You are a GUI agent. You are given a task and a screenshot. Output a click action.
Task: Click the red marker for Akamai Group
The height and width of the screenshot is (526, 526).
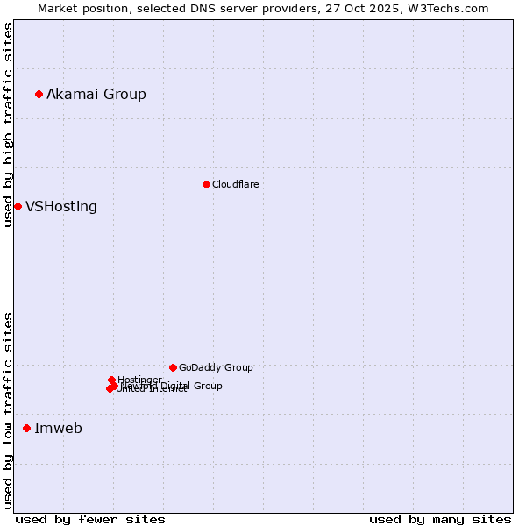39,94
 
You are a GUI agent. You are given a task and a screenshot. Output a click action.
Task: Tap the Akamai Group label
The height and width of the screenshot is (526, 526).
96,94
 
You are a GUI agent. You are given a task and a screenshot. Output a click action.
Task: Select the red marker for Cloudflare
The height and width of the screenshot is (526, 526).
206,184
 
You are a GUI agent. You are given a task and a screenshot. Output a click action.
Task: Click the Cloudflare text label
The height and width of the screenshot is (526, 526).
235,184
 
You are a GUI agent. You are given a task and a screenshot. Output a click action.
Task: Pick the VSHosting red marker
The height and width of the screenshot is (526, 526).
18,206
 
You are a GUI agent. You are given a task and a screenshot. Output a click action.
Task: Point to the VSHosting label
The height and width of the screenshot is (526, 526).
61,207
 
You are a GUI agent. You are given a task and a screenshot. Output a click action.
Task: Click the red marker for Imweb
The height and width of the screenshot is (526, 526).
27,428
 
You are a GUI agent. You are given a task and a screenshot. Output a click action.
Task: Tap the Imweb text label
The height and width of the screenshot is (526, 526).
58,428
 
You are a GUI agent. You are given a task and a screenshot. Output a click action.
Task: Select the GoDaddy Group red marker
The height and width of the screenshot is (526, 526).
173,367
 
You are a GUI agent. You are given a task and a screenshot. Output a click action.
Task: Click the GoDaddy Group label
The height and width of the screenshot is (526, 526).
216,367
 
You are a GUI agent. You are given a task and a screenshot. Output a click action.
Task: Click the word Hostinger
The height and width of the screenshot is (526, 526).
139,380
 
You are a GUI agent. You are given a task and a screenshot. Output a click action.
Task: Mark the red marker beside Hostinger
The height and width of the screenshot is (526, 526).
111,380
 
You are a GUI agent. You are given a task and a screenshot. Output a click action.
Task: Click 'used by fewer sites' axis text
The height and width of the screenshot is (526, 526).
90,519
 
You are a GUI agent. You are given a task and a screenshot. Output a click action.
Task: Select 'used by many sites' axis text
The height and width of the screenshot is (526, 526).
440,519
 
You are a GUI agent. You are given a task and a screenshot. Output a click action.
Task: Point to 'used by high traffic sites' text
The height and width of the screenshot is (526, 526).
9,124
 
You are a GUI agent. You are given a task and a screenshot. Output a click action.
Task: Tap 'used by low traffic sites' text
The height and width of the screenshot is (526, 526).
9,410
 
